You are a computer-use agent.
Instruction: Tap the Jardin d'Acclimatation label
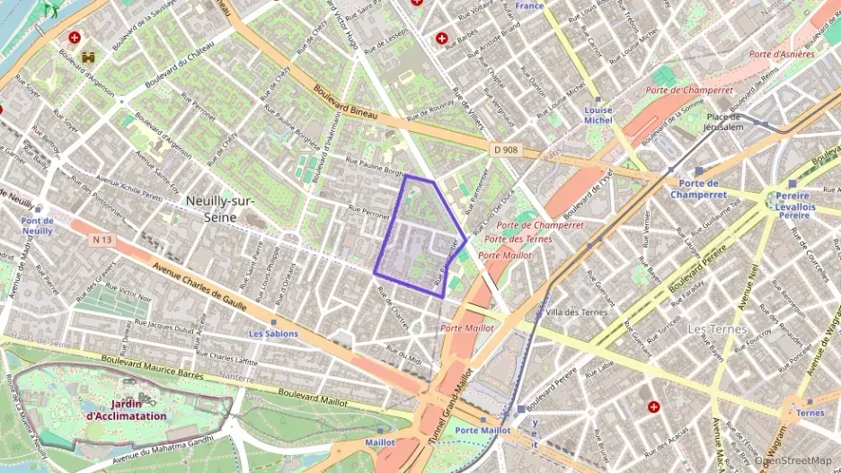[126, 410]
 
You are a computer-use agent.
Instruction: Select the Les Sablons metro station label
[273, 334]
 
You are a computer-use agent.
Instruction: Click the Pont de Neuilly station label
[38, 225]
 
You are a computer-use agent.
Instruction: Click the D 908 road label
[506, 149]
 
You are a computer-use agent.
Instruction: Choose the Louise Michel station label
[598, 115]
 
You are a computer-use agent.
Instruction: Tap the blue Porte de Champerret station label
[697, 188]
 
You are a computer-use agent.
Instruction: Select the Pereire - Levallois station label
[793, 206]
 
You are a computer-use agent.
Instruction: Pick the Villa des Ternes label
[577, 312]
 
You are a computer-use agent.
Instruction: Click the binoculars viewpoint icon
[89, 57]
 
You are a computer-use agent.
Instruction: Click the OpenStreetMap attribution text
[792, 460]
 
